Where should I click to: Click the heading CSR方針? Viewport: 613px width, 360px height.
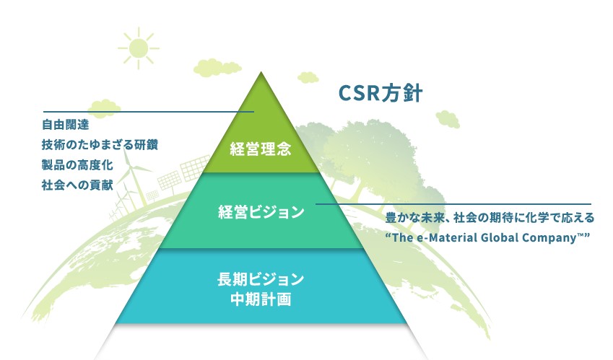pos(380,95)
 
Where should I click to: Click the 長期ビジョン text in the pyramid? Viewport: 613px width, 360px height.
pos(260,279)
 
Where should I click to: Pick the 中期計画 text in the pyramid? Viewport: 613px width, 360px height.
pos(260,299)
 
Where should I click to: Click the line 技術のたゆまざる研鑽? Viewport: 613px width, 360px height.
pos(100,145)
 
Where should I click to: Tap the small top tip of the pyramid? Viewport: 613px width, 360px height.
pos(260,87)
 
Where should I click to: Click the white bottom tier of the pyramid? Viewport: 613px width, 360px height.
pos(260,341)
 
